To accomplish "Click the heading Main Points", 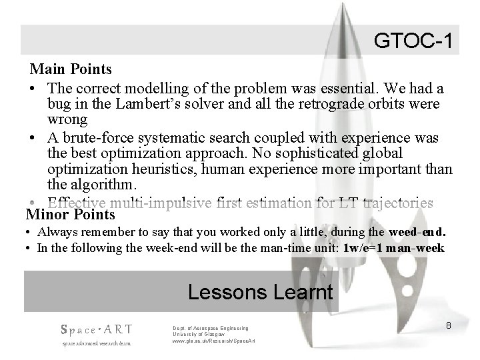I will coord(70,69).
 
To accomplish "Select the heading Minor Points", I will coord(70,215).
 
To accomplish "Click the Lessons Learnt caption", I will coord(260,292).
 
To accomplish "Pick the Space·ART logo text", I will coord(97,329).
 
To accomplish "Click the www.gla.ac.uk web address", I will coord(213,341).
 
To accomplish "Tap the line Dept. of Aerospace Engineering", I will coord(210,328).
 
